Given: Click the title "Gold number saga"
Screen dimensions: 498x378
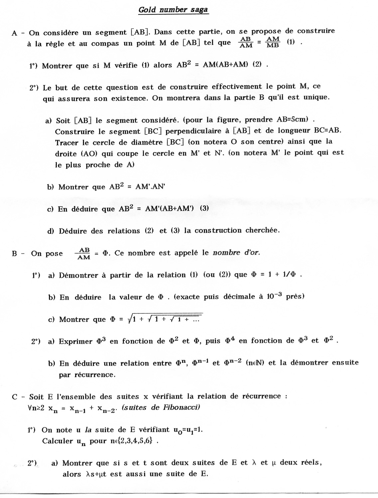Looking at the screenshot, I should pyautogui.click(x=173, y=10).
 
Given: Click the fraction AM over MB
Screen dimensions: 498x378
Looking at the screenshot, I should pyautogui.click(x=273, y=42).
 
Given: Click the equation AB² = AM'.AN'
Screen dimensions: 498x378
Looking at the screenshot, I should pyautogui.click(x=137, y=187).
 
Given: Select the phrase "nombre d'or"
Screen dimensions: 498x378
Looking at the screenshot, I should pyautogui.click(x=236, y=253).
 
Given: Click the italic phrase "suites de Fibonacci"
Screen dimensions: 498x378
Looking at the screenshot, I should pyautogui.click(x=161, y=407).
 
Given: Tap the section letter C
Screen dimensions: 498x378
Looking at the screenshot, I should pyautogui.click(x=14, y=397).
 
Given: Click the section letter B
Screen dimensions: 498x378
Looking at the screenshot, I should pyautogui.click(x=14, y=254).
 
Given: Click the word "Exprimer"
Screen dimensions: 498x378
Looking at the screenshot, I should pyautogui.click(x=75, y=341).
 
